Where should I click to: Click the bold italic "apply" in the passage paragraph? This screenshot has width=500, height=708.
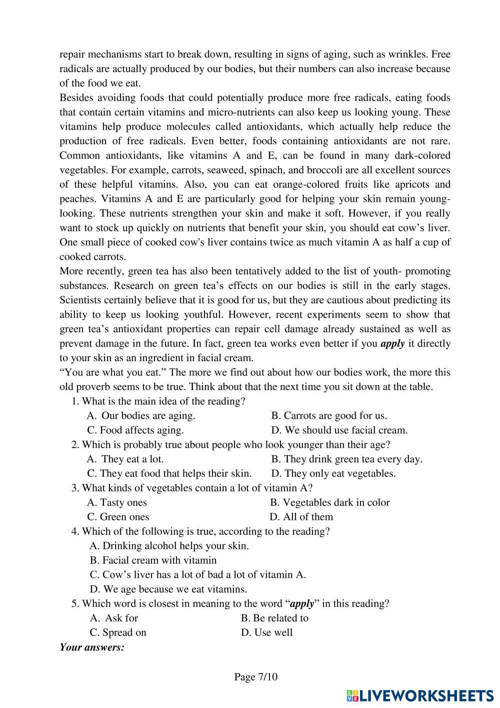[x=392, y=343]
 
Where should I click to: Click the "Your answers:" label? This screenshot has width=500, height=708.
[x=92, y=647]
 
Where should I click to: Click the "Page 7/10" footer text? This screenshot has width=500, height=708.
[x=255, y=677]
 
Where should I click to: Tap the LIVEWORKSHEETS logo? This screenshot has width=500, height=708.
[x=420, y=695]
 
